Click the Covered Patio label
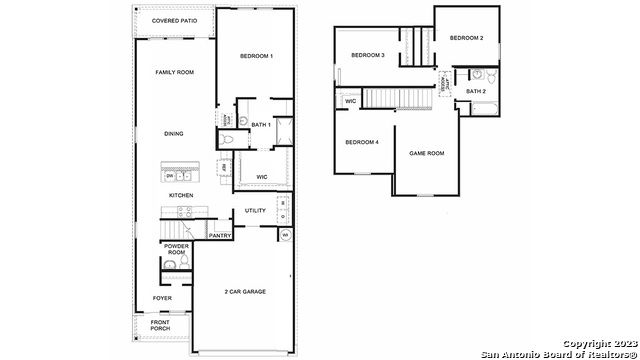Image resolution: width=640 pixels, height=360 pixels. (x=175, y=21)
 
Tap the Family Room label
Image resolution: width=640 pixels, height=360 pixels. (x=174, y=73)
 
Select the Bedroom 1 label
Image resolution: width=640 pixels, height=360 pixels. (x=256, y=56)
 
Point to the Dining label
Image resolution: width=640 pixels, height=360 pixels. (x=174, y=133)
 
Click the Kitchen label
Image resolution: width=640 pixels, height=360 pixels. (x=180, y=195)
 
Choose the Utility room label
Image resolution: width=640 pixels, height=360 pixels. (x=255, y=210)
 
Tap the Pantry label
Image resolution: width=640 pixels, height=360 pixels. (x=220, y=236)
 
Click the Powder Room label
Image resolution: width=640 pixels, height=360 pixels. (x=176, y=249)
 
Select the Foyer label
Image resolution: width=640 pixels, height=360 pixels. (x=162, y=298)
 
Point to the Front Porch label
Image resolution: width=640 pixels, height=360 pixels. (x=161, y=325)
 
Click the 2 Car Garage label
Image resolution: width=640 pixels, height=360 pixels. (x=245, y=291)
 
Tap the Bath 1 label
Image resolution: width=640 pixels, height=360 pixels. (x=261, y=125)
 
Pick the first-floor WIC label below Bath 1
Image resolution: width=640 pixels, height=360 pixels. (x=261, y=177)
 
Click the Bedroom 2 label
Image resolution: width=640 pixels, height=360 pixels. (x=466, y=38)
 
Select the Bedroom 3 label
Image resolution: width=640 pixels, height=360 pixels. (x=368, y=55)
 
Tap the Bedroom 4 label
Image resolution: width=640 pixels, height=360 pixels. (x=362, y=142)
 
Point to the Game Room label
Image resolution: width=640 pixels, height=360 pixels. (x=427, y=153)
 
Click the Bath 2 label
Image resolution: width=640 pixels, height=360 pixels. (x=476, y=92)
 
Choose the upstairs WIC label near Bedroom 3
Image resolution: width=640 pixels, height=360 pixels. (x=351, y=101)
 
